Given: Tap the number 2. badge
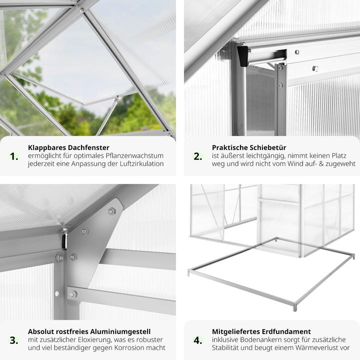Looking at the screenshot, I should (x=198, y=156).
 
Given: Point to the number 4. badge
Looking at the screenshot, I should (x=198, y=340).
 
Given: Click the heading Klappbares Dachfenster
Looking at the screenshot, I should (x=67, y=148).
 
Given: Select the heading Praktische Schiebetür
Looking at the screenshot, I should (x=247, y=148).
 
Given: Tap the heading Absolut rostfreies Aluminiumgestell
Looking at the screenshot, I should (x=89, y=331).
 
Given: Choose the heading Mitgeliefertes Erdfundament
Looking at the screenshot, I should (x=261, y=331).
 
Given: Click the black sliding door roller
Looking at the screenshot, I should (x=243, y=55).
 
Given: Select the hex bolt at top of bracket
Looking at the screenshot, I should (x=111, y=211).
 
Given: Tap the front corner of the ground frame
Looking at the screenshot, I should (x=295, y=305).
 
